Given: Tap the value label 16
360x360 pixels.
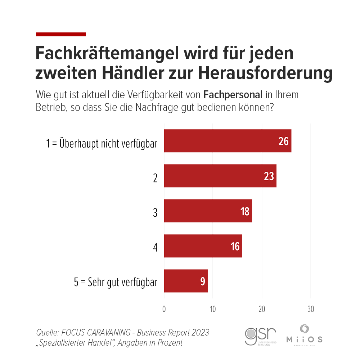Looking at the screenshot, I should [x=235, y=246].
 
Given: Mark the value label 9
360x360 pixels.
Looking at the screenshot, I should [x=203, y=281].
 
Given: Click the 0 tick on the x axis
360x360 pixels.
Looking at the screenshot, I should [x=164, y=309].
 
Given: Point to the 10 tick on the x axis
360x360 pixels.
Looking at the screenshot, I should [x=213, y=309].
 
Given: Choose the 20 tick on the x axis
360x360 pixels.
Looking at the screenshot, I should [x=262, y=309].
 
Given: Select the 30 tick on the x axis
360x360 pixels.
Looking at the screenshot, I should [x=311, y=309].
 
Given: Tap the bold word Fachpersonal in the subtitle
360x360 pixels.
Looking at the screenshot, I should [x=233, y=95].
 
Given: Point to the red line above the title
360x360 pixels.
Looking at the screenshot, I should [x=61, y=34].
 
